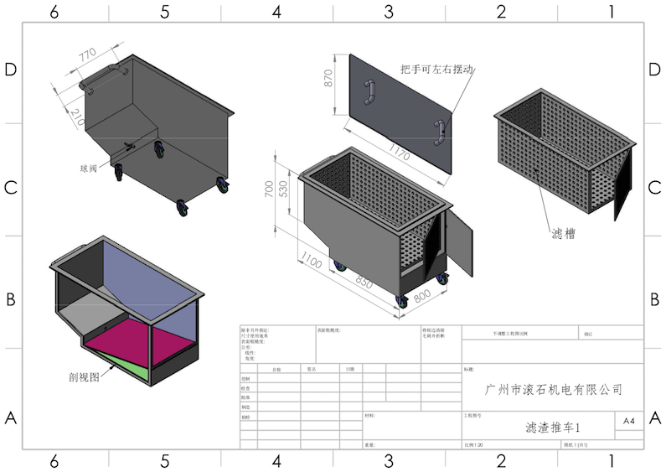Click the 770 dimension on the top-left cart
(87, 56)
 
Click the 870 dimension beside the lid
(329, 78)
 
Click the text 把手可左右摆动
(437, 70)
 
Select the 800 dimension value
(421, 294)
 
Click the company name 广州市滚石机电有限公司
(555, 389)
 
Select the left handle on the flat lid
(369, 93)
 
